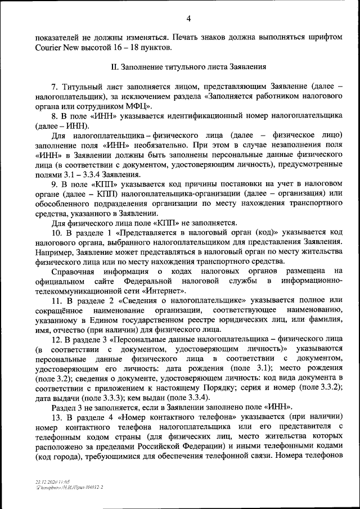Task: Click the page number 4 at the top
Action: (x=188, y=19)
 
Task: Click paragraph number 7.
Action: (x=54, y=87)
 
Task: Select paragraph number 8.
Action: (x=54, y=116)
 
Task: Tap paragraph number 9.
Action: (x=54, y=184)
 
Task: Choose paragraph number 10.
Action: (x=56, y=232)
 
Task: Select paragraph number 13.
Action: (x=56, y=417)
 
